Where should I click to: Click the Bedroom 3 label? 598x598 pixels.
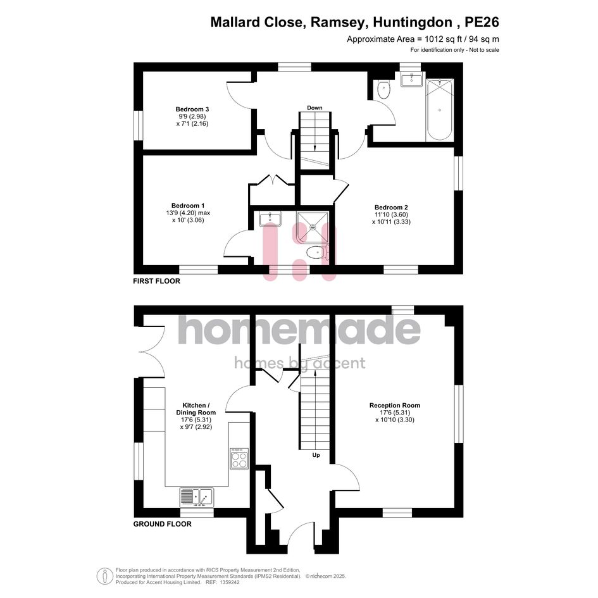click(x=192, y=109)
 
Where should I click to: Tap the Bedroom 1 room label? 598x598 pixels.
click(x=188, y=206)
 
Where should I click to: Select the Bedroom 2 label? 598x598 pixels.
click(x=391, y=208)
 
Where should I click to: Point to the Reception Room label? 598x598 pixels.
click(x=395, y=406)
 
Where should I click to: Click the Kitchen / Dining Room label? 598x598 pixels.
click(x=196, y=409)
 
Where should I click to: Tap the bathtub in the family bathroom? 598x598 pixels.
click(x=440, y=110)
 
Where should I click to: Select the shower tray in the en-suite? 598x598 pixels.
click(x=313, y=228)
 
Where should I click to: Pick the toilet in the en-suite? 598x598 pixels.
click(x=317, y=252)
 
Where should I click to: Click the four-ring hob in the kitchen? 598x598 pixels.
click(x=239, y=458)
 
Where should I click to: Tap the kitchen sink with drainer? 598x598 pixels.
click(x=197, y=497)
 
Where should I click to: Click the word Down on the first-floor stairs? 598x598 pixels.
click(x=315, y=108)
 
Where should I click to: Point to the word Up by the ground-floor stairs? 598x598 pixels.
click(x=316, y=455)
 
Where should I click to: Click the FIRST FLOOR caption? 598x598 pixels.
click(x=156, y=281)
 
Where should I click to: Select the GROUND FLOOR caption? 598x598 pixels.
click(x=163, y=524)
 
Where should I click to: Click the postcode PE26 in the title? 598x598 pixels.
click(x=482, y=22)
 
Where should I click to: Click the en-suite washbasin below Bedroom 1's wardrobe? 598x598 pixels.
click(x=270, y=218)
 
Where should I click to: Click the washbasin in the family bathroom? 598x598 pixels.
click(x=411, y=80)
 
